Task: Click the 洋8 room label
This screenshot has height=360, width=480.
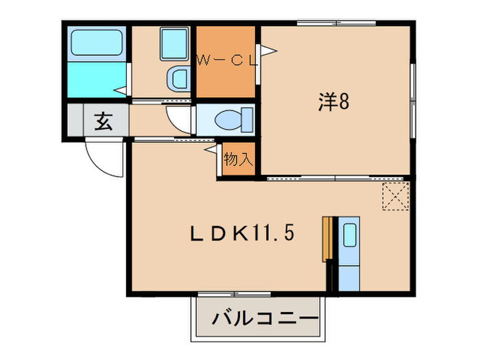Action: pyautogui.click(x=334, y=102)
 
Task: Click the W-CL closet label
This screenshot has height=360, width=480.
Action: pyautogui.click(x=227, y=60)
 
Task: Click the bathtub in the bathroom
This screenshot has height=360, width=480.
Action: pyautogui.click(x=97, y=43)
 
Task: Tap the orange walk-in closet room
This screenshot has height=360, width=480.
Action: pyautogui.click(x=226, y=79)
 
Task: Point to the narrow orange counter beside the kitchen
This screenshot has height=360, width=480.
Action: pyautogui.click(x=327, y=239)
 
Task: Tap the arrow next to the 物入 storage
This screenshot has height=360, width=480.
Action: pyautogui.click(x=211, y=147)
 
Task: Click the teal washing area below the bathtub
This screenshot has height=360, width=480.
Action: pyautogui.click(x=97, y=80)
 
